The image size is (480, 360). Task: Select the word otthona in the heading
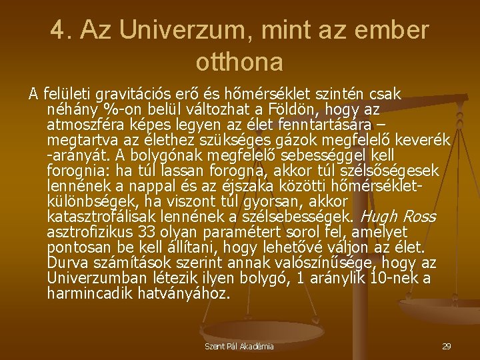[x=239, y=61]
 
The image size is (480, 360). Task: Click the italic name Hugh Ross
[x=398, y=217]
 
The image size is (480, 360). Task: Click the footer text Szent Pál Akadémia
[x=239, y=347]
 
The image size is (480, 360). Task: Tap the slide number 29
[x=446, y=347]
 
